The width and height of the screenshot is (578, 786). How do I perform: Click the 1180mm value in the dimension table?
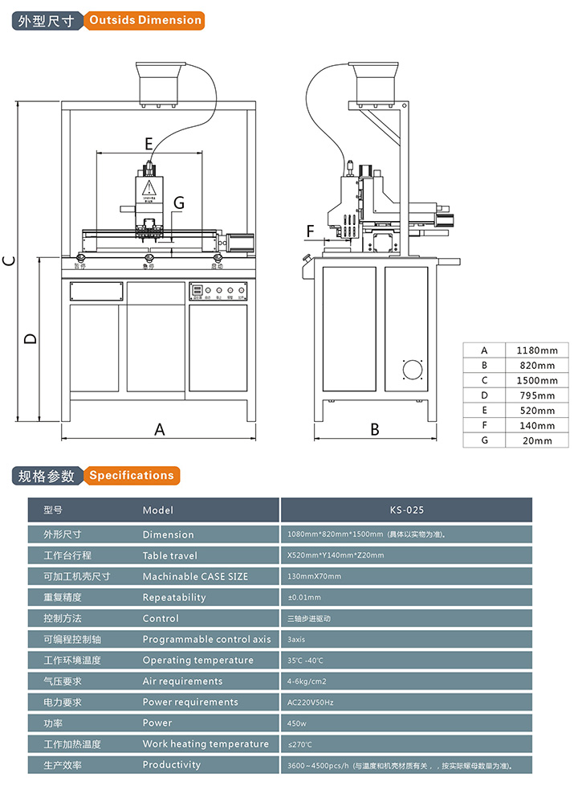537,350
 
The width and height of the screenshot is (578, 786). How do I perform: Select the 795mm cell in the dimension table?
537,395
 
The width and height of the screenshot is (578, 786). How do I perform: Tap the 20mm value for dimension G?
537,440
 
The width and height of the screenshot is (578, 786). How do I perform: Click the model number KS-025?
406,510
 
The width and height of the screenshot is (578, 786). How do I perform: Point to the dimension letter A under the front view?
159,430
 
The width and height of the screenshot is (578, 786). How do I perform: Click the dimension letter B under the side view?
374,430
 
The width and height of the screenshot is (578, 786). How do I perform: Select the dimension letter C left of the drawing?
8,260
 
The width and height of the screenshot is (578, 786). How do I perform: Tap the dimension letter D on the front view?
30,338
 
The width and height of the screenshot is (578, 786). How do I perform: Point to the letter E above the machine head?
149,144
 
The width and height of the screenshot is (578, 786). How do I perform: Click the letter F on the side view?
311,232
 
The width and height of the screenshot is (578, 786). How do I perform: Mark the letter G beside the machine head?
178,203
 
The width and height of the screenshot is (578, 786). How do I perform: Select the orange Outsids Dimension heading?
144,20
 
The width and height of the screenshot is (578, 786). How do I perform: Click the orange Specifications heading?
131,475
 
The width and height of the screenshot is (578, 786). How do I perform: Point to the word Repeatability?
174,597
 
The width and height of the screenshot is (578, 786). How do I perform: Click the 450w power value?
296,723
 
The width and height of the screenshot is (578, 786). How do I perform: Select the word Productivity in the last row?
172,764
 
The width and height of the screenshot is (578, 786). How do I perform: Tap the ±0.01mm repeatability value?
304,597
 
